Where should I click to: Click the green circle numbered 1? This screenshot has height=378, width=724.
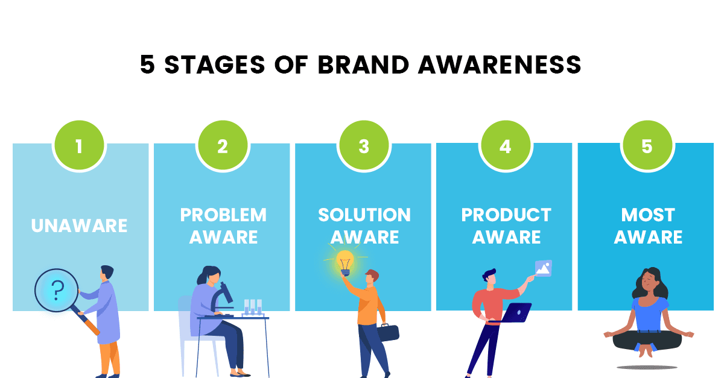79,146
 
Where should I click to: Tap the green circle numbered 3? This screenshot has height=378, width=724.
364,146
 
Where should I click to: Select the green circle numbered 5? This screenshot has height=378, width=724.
647,146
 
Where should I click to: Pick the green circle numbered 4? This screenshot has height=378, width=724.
506,146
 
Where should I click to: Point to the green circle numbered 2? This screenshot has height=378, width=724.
223,146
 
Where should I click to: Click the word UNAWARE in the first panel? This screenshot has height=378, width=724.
79,225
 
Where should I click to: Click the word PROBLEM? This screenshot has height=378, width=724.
223,215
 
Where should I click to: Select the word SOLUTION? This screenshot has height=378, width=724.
364,215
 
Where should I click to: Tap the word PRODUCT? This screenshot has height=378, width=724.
506,215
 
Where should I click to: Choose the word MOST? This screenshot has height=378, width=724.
648,215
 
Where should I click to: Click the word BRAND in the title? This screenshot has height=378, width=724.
363,65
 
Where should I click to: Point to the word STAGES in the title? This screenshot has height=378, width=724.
215,65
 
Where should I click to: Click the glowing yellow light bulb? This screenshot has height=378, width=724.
345,263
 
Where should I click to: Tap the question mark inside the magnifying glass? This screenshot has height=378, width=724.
57,290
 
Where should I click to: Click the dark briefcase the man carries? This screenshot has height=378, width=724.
388,332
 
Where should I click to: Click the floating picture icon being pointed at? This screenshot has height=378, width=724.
544,268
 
